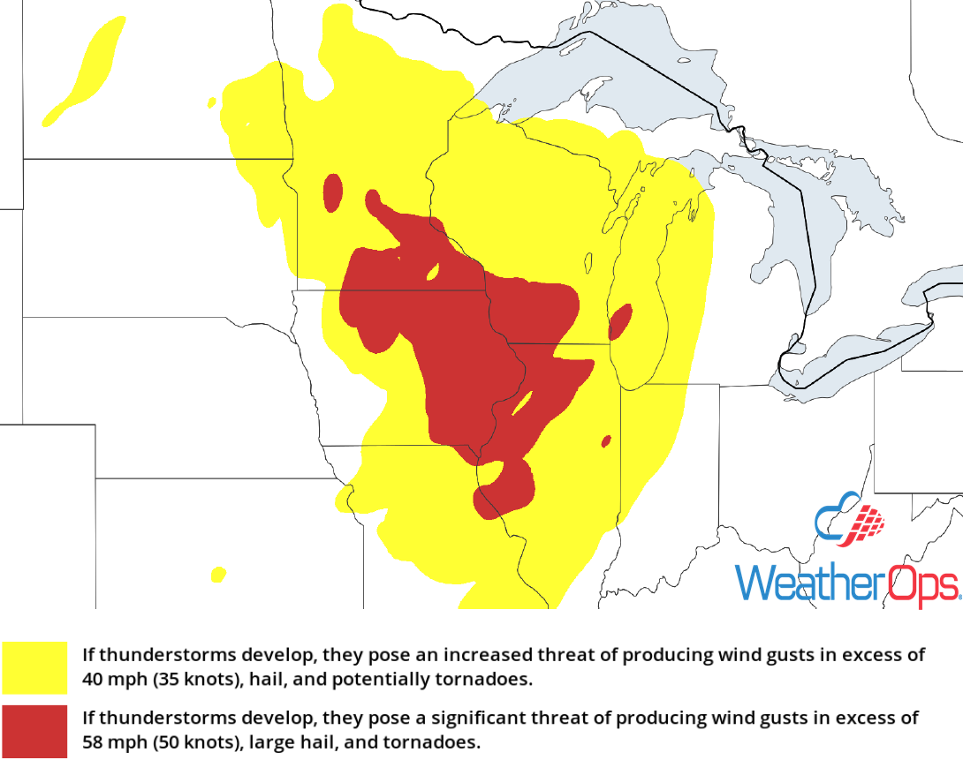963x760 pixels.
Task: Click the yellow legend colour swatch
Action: [x=34, y=667]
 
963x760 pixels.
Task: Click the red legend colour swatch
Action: [x=34, y=731]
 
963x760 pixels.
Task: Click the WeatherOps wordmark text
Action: [x=846, y=583]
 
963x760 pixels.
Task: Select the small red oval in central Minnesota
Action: [x=333, y=192]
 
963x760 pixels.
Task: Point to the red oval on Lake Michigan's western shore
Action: [x=620, y=322]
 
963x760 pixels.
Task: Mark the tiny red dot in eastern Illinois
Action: [x=606, y=440]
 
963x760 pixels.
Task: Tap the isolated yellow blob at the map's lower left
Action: [x=217, y=574]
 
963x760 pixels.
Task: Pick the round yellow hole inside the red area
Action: [x=434, y=272]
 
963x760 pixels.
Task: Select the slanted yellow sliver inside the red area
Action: [x=522, y=404]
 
